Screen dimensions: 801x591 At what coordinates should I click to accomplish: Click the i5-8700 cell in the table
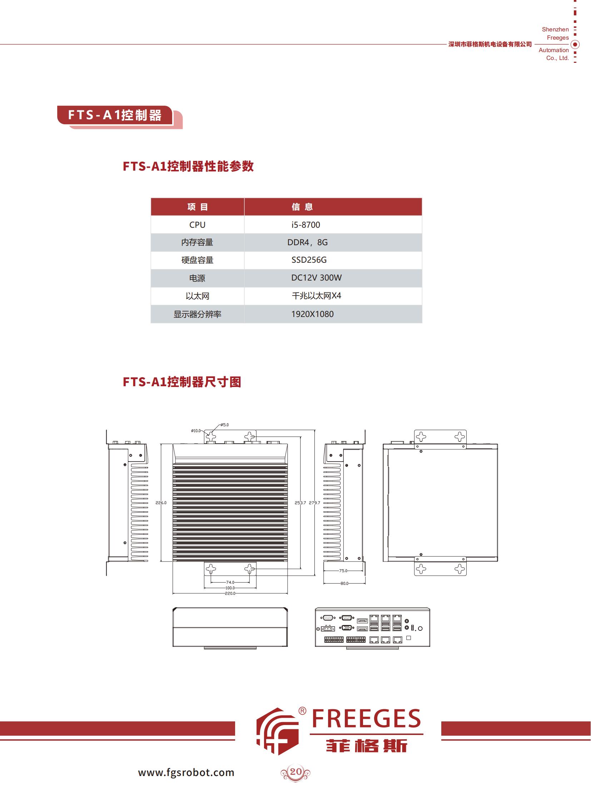[x=306, y=225]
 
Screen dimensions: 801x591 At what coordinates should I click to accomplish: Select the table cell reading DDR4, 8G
[x=307, y=242]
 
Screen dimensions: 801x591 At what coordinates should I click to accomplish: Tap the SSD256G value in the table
[x=309, y=260]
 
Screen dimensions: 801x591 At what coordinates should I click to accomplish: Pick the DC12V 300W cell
[x=316, y=278]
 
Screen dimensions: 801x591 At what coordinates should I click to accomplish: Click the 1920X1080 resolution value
[x=312, y=314]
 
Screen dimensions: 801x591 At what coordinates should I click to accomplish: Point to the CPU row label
[x=197, y=225]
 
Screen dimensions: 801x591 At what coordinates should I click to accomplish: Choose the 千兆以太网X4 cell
[x=316, y=296]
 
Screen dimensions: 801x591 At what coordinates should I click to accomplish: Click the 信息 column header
[x=302, y=207]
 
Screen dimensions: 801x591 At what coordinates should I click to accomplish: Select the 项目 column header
[x=198, y=207]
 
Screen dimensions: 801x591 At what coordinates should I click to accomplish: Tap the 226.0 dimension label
[x=161, y=503]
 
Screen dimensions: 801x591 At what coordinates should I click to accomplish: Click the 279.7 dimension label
[x=314, y=503]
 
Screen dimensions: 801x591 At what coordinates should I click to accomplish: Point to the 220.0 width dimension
[x=230, y=593]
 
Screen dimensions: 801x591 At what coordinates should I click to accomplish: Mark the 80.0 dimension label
[x=344, y=583]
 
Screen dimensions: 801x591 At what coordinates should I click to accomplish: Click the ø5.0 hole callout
[x=225, y=425]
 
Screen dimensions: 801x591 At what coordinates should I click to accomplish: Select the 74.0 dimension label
[x=230, y=582]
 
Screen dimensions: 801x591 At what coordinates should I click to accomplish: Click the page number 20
[x=296, y=771]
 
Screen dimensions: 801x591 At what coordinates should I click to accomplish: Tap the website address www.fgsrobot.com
[x=186, y=772]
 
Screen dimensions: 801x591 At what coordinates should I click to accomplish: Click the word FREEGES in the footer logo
[x=366, y=719]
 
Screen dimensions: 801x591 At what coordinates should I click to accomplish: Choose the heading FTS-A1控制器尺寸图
[x=182, y=382]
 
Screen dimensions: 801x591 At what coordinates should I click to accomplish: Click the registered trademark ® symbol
[x=302, y=711]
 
